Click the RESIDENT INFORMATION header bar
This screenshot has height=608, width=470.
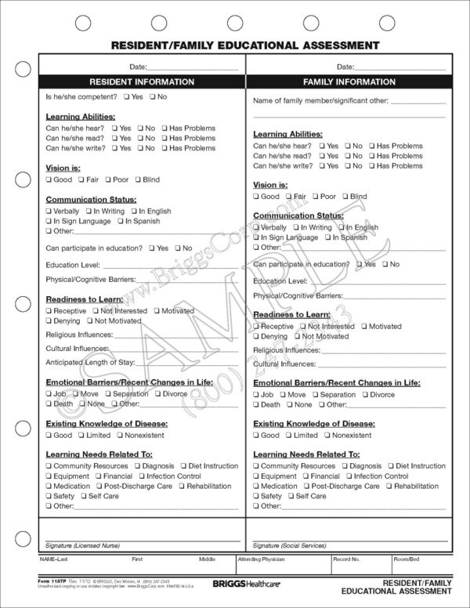[x=142, y=81]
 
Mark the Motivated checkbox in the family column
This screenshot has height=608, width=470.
[x=363, y=327]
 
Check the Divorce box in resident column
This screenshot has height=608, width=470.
[x=157, y=394]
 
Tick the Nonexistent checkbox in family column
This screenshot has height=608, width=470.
[x=326, y=436]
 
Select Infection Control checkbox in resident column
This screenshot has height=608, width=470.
[x=143, y=476]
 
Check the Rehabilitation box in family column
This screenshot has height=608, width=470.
[x=389, y=487]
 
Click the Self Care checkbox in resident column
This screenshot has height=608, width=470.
[x=82, y=496]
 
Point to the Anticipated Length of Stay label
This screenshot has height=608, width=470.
[x=90, y=363]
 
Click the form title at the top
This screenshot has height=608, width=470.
[x=235, y=45]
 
